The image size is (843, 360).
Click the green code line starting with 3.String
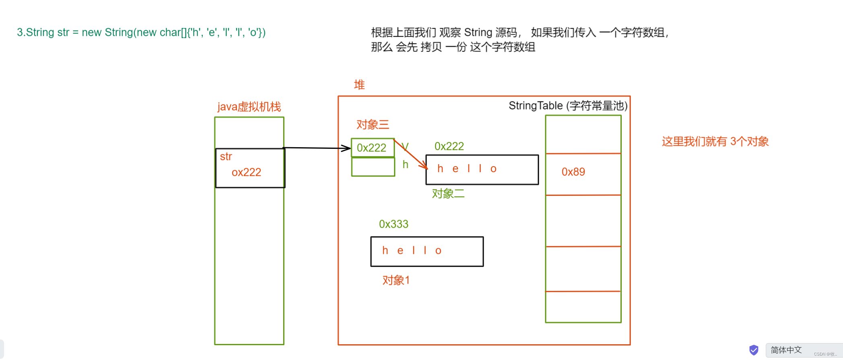pos(141,32)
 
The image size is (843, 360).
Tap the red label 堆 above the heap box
pos(359,84)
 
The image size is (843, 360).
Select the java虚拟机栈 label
pos(249,107)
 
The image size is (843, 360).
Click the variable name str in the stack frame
pos(226,156)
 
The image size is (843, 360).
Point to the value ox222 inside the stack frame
pos(246,172)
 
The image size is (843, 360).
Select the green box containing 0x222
pos(373,148)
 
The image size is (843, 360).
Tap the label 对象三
pos(373,124)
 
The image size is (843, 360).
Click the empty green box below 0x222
pos(373,167)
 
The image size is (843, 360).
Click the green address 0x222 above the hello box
pos(449,146)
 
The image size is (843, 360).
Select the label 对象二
pos(448,193)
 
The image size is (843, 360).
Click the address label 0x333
pos(394,224)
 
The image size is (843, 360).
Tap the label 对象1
pos(396,280)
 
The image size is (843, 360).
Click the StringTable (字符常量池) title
pos(568,106)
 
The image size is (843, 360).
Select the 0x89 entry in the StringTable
pos(573,172)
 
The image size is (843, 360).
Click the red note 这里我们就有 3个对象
pos(715,141)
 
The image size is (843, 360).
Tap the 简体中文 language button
pos(786,350)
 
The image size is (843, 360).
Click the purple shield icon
pos(754,350)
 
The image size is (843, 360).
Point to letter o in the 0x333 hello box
pos(438,251)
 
